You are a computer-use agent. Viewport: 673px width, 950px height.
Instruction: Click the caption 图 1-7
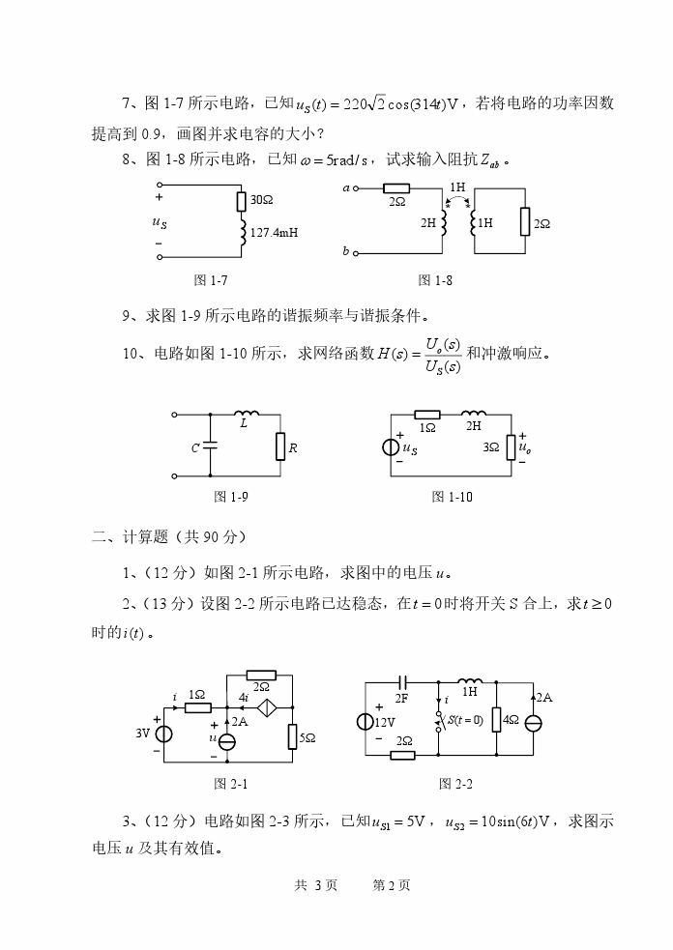pos(211,280)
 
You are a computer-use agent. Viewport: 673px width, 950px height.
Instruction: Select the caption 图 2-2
pos(455,783)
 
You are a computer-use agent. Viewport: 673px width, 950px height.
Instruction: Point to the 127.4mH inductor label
pos(274,233)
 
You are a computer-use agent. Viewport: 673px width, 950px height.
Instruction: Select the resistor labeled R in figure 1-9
pos(280,446)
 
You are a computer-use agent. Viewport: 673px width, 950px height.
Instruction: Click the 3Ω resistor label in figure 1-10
pos(491,447)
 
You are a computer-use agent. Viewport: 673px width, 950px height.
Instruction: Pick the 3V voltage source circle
pos(164,734)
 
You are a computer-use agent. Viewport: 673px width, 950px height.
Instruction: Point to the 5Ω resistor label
pos(307,737)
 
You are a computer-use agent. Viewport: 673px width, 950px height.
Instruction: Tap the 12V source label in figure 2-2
pos(385,722)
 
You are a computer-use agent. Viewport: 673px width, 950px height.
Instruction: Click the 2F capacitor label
pos(402,697)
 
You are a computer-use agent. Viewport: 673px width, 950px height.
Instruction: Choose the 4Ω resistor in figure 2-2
pos(494,722)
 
